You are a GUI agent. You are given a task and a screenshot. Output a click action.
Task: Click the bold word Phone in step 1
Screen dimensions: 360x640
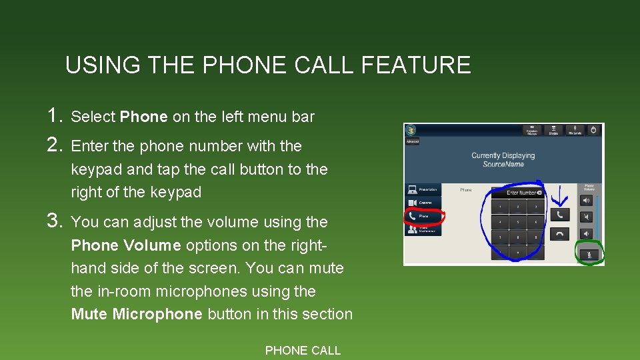(144, 117)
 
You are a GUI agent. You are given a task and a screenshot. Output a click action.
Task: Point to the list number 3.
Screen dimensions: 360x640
(55, 221)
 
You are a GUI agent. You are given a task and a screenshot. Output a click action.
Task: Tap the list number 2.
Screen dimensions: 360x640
(55, 145)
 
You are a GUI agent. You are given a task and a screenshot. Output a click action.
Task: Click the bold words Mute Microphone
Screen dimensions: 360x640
(137, 314)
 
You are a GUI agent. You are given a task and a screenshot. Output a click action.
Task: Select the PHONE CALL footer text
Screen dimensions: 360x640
(303, 350)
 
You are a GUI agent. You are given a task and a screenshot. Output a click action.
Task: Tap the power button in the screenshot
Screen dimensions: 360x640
(594, 131)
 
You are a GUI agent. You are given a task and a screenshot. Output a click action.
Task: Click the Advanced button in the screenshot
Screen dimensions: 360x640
(412, 141)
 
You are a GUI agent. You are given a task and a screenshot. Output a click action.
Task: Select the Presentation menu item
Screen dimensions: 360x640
(423, 190)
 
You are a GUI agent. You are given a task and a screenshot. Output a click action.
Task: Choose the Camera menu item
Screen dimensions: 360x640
(423, 203)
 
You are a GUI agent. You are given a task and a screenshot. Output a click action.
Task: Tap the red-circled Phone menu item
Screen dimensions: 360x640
(423, 216)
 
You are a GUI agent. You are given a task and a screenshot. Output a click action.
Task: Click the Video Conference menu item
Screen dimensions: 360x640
(423, 229)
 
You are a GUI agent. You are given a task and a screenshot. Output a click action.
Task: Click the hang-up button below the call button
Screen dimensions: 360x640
(559, 234)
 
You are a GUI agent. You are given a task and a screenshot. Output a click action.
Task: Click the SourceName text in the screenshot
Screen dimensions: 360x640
(503, 164)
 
